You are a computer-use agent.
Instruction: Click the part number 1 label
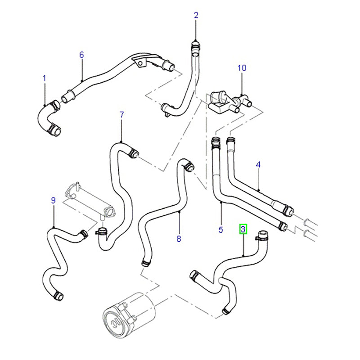[x=45, y=78]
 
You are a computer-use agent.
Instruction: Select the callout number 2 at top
[x=196, y=15]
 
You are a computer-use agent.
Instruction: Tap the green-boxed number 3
[x=243, y=229]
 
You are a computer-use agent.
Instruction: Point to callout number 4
[x=258, y=165]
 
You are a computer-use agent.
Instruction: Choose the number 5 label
[x=220, y=230]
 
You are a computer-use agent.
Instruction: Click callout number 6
[x=81, y=55]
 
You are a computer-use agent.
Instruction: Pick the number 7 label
[x=121, y=115]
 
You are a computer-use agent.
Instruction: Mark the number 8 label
[x=179, y=239]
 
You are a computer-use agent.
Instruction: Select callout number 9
[x=53, y=201]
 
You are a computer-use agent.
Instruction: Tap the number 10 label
[x=242, y=68]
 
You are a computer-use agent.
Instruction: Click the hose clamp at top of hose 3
[x=261, y=235]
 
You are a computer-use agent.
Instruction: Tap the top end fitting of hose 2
[x=196, y=45]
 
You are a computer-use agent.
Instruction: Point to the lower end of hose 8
[x=145, y=262]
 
